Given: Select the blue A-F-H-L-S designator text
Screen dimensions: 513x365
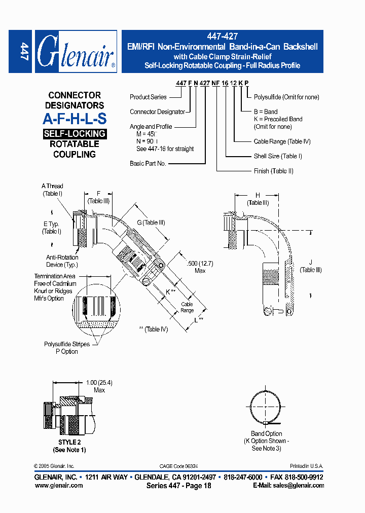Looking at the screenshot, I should click(75, 120).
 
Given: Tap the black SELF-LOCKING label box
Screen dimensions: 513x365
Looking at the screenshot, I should click(75, 134).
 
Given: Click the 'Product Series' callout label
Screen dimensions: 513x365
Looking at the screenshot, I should click(148, 97).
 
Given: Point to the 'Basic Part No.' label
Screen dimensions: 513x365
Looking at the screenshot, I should click(148, 164).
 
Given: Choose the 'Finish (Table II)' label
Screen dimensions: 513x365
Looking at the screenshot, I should click(273, 171).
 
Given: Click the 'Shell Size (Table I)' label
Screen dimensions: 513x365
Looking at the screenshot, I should click(278, 156).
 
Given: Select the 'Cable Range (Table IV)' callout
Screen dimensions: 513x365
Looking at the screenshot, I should click(282, 141).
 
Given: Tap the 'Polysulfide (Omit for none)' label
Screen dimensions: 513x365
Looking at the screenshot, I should click(286, 96).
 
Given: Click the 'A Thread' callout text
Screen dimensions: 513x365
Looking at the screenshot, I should click(52, 186).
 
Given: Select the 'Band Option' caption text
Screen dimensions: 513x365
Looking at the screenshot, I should click(267, 434).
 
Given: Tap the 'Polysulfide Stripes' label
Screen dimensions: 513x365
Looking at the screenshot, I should click(67, 344).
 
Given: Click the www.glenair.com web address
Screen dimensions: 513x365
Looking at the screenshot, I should click(59, 485).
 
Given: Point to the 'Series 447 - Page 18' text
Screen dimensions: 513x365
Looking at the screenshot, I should click(175, 485).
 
